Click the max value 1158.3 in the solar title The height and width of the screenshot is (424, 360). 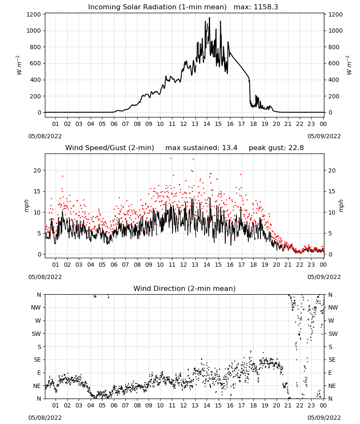(x=266, y=7)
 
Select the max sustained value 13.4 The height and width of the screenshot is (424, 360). (x=230, y=148)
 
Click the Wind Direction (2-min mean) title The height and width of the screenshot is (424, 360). (x=185, y=288)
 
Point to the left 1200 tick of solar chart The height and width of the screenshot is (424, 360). (x=33, y=14)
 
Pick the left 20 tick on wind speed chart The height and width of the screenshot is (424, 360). (x=37, y=170)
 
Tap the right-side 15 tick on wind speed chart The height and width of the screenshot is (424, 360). (x=332, y=192)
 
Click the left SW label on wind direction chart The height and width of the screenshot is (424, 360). (x=36, y=334)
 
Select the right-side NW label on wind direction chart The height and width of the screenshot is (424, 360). (x=333, y=308)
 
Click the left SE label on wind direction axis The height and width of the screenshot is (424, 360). (x=37, y=360)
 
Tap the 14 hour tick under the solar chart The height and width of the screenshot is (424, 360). (x=207, y=124)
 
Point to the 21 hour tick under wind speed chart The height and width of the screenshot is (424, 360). (x=288, y=265)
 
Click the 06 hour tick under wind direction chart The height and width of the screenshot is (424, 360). (x=114, y=405)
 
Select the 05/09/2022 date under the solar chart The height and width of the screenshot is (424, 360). (x=324, y=136)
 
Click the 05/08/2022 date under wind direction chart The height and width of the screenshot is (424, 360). (x=45, y=418)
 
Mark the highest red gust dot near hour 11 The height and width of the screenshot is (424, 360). (x=171, y=159)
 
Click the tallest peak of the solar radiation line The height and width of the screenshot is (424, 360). (x=210, y=18)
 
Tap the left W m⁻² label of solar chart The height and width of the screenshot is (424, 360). (x=18, y=65)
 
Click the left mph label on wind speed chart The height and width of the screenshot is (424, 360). (x=26, y=206)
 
